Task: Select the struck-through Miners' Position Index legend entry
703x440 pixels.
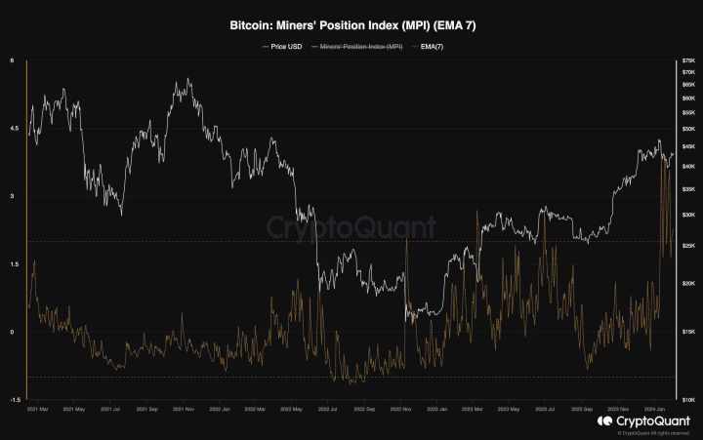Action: tap(356, 46)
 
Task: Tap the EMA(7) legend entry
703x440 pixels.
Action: tap(431, 46)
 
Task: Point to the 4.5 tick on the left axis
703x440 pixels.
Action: tap(14, 129)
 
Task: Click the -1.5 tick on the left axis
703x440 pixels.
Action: tap(14, 399)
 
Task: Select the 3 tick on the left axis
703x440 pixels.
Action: tap(12, 196)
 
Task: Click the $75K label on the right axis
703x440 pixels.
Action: tap(689, 61)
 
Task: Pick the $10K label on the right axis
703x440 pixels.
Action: tap(689, 399)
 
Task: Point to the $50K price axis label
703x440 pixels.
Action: tap(689, 129)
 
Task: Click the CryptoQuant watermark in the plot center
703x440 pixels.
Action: tap(351, 228)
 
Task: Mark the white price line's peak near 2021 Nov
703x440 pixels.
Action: tap(188, 79)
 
